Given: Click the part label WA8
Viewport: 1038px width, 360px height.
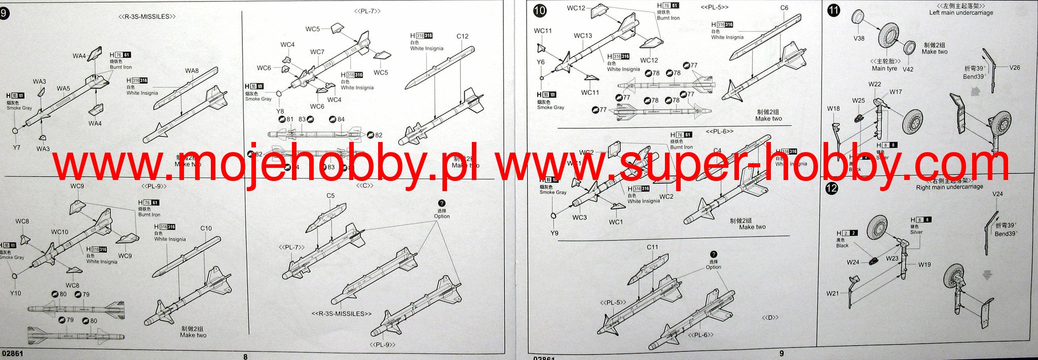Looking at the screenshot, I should [x=192, y=71].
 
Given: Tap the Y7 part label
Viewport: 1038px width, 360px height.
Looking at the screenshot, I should [x=17, y=148].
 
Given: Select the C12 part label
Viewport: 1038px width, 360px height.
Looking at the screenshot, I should [x=462, y=37].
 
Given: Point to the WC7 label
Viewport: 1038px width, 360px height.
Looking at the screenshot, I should [x=317, y=52].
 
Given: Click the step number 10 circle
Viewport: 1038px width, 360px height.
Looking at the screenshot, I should [x=540, y=11].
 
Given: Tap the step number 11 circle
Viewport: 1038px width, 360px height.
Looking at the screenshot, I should [x=833, y=11].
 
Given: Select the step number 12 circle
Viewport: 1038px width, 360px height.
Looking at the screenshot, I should [x=832, y=189].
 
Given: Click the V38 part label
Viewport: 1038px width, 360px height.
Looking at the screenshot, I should [x=859, y=39].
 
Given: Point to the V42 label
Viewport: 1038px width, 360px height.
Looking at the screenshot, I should [x=908, y=69].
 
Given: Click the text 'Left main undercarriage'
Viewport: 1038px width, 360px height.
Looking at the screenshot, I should [x=960, y=13].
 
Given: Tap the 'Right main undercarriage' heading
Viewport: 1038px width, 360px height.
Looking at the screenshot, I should [x=949, y=187].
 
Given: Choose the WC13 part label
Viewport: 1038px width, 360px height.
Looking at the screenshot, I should [x=583, y=36].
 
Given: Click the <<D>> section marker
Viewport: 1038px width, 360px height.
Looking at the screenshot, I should [x=770, y=318].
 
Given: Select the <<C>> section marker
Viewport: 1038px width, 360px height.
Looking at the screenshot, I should [x=364, y=186].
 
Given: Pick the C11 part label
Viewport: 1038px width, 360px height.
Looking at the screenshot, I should [x=652, y=247].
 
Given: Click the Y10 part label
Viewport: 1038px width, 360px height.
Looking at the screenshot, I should [x=16, y=293].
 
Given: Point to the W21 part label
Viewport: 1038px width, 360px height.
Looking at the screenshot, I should [x=832, y=294].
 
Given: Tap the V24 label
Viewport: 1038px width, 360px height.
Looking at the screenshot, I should [x=997, y=194].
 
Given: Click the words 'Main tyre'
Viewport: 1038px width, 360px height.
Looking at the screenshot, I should [x=884, y=68].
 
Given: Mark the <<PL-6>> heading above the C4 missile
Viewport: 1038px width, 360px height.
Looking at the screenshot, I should [x=720, y=132].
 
